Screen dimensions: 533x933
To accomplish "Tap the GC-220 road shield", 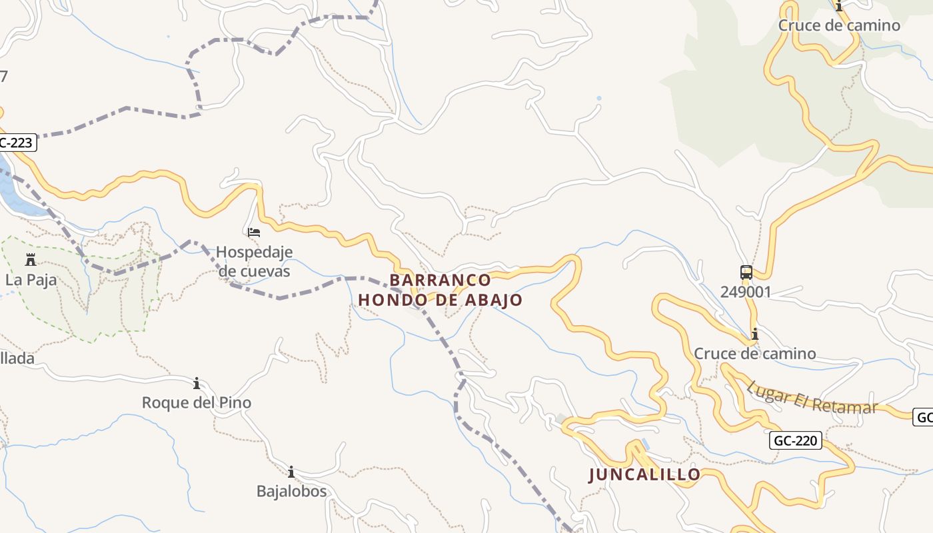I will [796, 440].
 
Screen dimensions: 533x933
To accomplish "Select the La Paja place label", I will [31, 280].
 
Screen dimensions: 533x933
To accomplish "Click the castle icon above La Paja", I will [31, 259].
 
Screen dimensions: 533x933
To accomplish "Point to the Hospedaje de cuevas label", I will [254, 262].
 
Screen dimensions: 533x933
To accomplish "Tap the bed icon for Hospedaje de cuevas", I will [254, 233].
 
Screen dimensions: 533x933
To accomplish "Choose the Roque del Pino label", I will [197, 402].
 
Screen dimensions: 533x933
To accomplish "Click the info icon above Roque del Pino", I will [197, 383].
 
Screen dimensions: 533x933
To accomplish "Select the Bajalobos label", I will [291, 491].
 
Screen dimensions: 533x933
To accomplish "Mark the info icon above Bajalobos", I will [291, 472].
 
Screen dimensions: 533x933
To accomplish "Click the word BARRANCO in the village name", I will [441, 280].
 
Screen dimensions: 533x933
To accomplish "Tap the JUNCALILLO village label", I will [644, 474].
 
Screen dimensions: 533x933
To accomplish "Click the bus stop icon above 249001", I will [746, 272].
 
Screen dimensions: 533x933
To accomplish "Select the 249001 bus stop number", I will [746, 292].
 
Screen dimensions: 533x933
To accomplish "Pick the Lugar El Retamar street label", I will [811, 397].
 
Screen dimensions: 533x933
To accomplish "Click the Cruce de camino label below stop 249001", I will [754, 353].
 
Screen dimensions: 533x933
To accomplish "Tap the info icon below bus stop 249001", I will [754, 334].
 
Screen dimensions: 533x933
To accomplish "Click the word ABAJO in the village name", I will [493, 300].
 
